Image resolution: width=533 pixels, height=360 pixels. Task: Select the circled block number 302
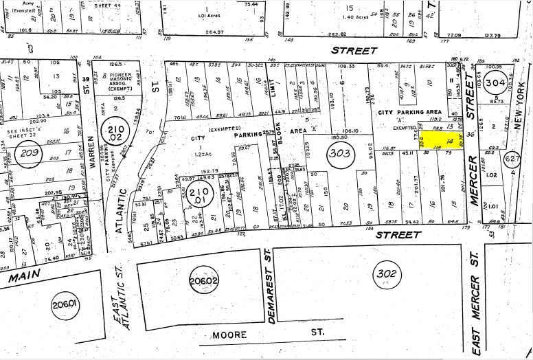(x=384, y=275)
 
